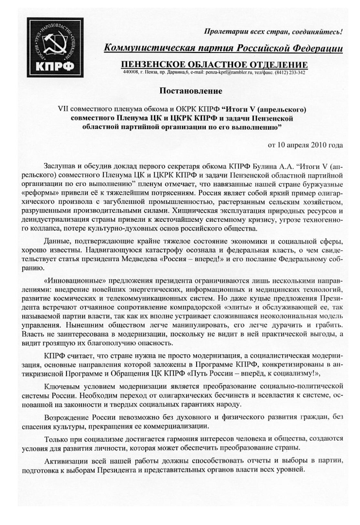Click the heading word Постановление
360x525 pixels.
(x=191, y=91)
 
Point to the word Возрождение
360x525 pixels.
(x=68, y=417)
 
